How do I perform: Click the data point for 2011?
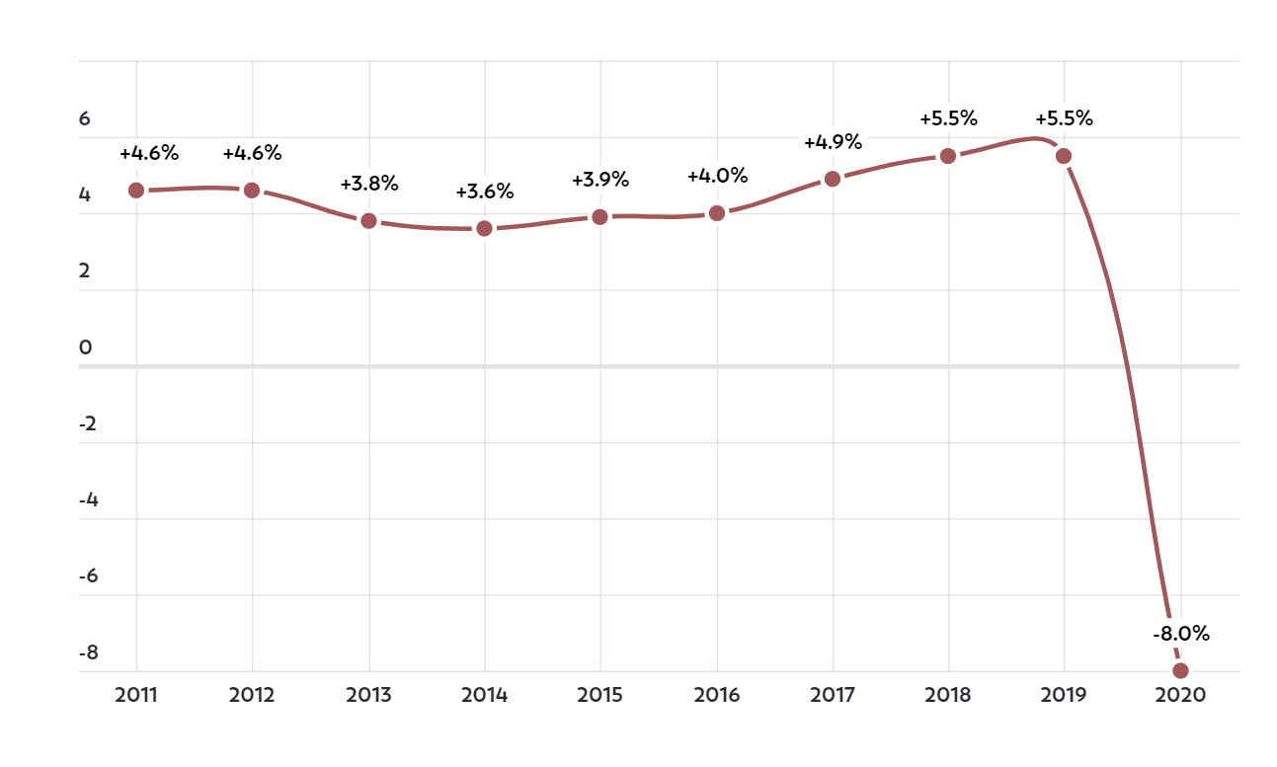[136, 191]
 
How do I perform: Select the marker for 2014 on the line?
[484, 228]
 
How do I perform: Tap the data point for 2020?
[1180, 671]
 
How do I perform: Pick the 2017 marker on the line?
[833, 179]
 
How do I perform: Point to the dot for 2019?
[1064, 156]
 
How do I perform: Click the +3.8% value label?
[369, 184]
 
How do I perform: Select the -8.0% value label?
[1181, 634]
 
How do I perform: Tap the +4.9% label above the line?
[833, 142]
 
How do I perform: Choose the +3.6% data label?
[485, 192]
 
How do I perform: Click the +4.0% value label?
[717, 177]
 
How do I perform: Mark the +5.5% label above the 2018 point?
[948, 118]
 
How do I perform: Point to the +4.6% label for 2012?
[252, 153]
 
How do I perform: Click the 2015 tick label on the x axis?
[600, 695]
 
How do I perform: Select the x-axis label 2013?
[368, 695]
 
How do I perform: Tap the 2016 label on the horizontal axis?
[717, 695]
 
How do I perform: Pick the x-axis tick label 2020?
[1180, 695]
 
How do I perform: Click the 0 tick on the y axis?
[85, 347]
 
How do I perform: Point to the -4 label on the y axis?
[88, 499]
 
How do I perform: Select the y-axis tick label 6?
[85, 118]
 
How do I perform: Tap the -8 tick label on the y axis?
[88, 652]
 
